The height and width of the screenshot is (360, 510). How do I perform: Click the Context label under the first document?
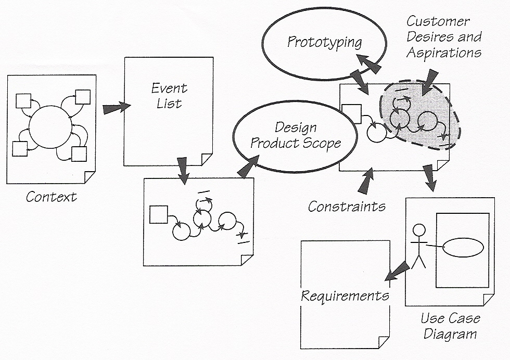tap(51, 197)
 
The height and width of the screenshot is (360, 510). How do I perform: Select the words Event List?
tap(169, 96)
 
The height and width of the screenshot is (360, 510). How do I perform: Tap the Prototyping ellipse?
tap(325, 42)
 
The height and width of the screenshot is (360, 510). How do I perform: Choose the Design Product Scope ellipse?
tap(296, 135)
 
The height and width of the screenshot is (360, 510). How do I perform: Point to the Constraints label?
tap(347, 207)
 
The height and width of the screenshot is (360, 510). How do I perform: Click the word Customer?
tap(438, 21)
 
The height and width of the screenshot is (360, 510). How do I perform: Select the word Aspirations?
tap(444, 53)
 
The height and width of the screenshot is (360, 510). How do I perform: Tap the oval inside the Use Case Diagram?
tap(463, 247)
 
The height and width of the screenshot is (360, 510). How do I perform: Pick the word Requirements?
tap(345, 296)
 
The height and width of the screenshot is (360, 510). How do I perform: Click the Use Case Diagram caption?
tap(450, 326)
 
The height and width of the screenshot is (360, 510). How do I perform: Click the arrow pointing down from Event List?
tap(183, 169)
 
